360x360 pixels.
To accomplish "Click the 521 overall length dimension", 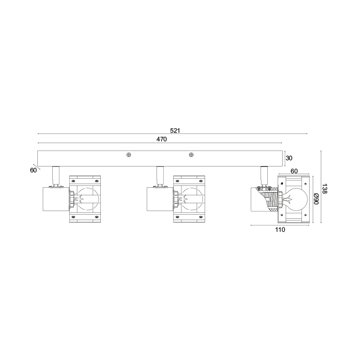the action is pos(175,130).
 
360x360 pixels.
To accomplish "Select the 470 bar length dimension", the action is pos(162,139).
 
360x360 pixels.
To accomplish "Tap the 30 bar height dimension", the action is pos(289,158).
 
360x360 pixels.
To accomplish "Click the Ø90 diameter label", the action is pos(316,199).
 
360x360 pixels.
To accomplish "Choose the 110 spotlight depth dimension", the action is pos(280,229).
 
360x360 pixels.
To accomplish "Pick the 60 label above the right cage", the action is pos(294,171).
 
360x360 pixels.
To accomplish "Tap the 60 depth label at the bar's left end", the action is pos(33,170).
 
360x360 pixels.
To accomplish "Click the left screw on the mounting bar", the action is pos(129,155).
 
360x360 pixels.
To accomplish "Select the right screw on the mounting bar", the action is pos(191,155).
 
